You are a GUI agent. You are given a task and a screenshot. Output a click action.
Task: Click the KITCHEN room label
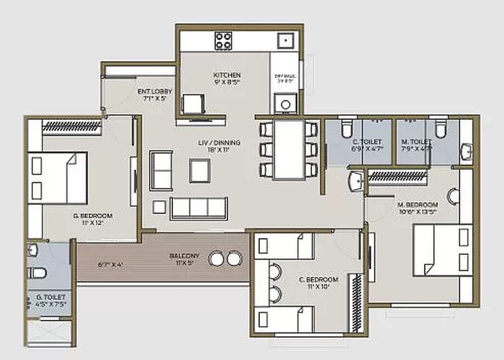coord(226,75)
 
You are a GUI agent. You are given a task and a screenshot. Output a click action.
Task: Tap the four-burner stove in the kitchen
coord(223,40)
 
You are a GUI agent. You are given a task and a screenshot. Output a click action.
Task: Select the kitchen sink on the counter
coord(284,40)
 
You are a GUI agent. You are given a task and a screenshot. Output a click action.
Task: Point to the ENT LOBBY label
coord(152,92)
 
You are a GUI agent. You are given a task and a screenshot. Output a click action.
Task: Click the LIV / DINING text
coord(219,143)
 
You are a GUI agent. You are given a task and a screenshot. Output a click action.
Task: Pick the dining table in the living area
coord(289,149)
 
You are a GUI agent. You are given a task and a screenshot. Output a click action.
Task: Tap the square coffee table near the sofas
coord(199,170)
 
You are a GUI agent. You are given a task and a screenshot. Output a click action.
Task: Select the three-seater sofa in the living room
coord(199,208)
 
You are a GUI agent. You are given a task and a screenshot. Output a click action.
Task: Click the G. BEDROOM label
coord(93,216)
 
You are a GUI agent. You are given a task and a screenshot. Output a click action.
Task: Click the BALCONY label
coord(185,256)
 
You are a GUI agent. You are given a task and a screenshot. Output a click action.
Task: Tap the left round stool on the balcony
coord(216,259)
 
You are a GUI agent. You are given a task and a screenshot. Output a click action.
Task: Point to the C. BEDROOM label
coord(318,280)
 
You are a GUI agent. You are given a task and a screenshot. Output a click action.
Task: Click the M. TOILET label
coord(416,142)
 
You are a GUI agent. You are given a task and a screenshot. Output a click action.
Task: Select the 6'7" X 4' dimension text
coord(110,265)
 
